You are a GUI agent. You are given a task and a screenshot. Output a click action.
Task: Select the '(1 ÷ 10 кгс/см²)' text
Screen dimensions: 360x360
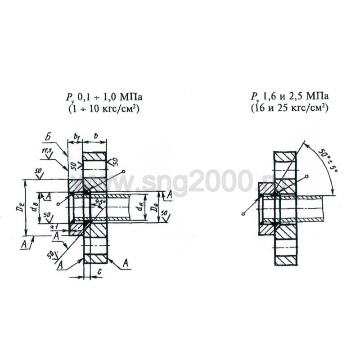(100, 109)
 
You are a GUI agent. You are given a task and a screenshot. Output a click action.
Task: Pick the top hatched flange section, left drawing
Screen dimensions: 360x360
(95, 156)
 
